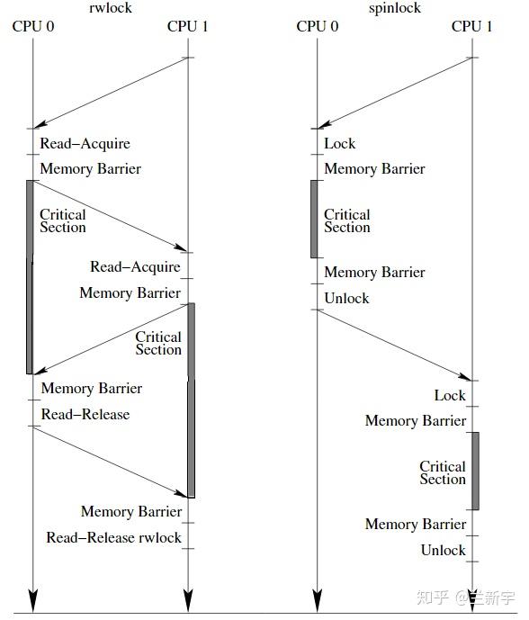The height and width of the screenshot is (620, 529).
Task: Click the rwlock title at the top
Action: pos(111,8)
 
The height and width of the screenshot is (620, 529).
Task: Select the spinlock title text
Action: pos(395,8)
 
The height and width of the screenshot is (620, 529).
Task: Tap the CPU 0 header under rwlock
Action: pos(33,26)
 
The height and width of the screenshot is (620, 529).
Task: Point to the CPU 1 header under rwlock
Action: pos(188,26)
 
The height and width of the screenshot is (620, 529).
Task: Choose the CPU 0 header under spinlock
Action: pos(318,26)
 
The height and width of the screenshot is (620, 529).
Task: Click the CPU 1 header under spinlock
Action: pos(472,26)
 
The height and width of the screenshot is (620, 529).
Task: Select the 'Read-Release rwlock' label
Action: pos(114,537)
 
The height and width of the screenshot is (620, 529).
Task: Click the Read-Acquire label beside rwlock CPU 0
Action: pos(85,143)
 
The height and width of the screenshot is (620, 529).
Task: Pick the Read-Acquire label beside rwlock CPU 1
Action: pos(135,266)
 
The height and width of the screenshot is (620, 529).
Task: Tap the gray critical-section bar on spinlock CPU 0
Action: pos(315,219)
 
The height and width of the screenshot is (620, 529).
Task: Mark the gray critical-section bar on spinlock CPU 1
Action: pos(474,471)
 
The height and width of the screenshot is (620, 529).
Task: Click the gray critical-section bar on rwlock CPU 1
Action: pos(191,400)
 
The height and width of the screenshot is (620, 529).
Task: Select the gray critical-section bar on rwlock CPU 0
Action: pos(30,276)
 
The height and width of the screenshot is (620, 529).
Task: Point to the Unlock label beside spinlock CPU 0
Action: pos(346,298)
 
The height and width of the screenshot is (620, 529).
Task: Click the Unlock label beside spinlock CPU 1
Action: pos(443,550)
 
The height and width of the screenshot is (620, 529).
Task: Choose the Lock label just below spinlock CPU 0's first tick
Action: pos(340,143)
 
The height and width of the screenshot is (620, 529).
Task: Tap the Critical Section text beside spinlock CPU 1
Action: pos(442,473)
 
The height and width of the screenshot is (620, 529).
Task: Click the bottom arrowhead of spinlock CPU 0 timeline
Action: pos(317,600)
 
